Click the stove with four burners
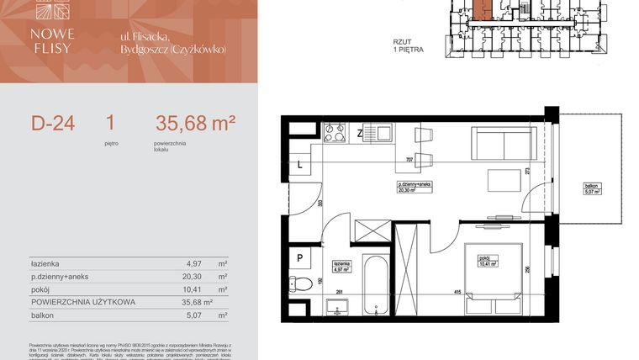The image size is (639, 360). click(x=335, y=132)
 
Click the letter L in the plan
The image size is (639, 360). click(x=300, y=166)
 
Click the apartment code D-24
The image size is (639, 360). click(x=53, y=124)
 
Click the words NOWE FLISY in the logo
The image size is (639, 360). click(x=54, y=40)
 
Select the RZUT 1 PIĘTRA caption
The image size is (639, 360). click(x=408, y=45)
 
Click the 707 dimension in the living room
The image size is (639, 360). click(x=409, y=159)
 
